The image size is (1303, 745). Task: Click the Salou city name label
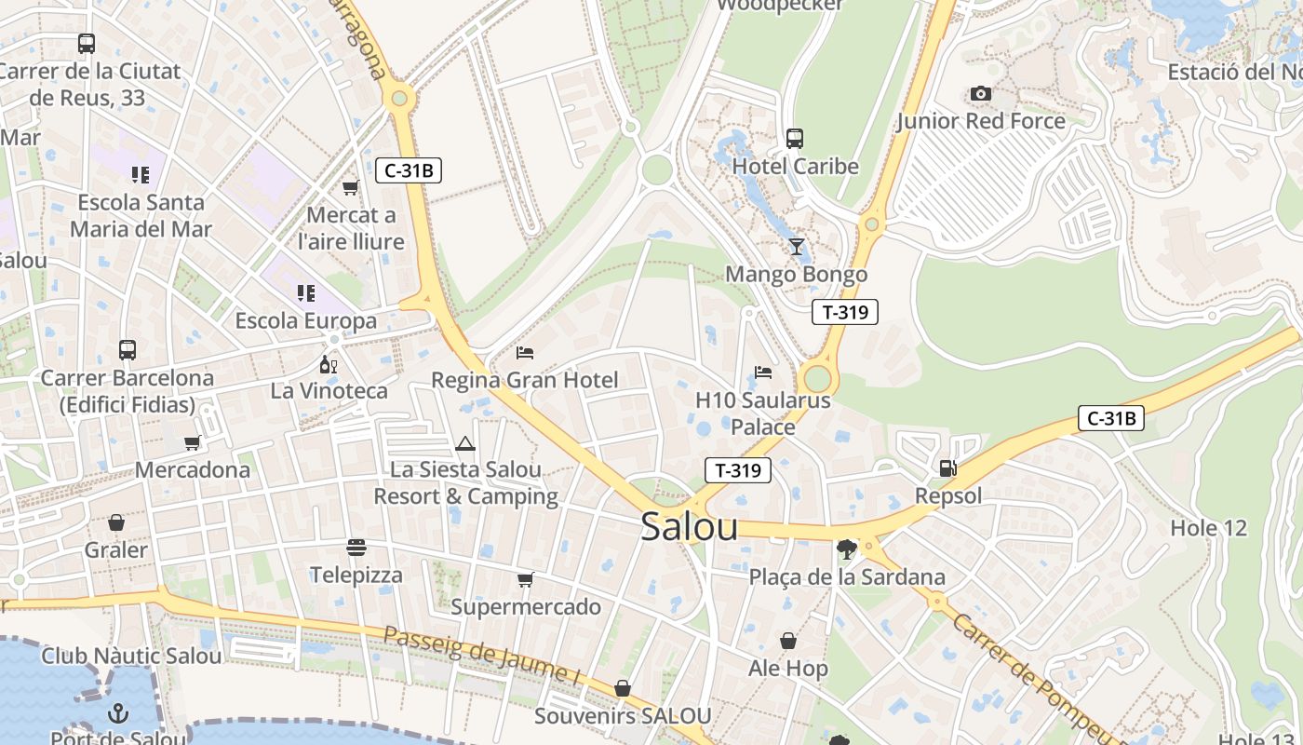click(689, 527)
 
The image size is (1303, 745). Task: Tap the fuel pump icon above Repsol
click(947, 468)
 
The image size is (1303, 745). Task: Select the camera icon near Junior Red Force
click(980, 93)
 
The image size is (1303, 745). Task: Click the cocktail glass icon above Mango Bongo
click(796, 247)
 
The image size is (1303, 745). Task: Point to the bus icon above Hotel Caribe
click(794, 139)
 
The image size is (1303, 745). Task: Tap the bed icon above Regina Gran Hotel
click(525, 352)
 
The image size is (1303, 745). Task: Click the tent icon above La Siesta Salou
click(465, 443)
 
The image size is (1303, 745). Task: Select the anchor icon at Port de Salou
click(118, 713)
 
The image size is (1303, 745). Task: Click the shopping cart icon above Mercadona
click(192, 442)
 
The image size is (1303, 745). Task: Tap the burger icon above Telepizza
click(356, 547)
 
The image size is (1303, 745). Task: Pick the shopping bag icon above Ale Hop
click(787, 641)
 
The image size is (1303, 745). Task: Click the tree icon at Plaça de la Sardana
click(846, 549)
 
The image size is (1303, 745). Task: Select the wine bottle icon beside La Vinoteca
click(328, 363)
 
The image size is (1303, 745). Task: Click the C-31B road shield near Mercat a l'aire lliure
click(408, 170)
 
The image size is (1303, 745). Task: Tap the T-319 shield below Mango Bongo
click(845, 312)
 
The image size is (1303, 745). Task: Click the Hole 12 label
click(1208, 528)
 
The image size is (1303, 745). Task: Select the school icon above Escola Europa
click(305, 293)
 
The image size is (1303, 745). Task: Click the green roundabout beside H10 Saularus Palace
click(817, 379)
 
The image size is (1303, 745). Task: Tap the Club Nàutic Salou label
click(131, 656)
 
